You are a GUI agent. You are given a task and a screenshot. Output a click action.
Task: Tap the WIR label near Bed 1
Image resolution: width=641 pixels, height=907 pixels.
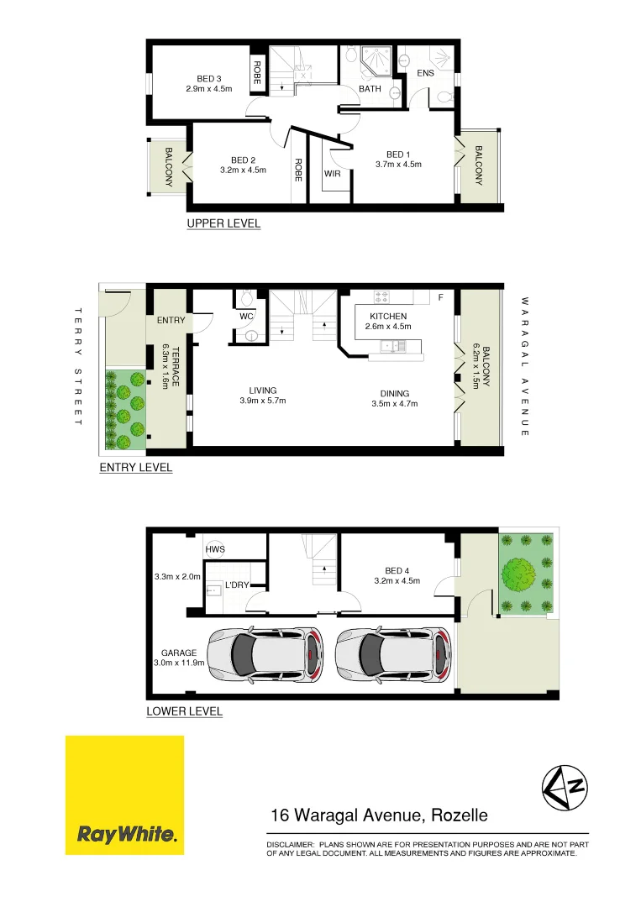coord(332,174)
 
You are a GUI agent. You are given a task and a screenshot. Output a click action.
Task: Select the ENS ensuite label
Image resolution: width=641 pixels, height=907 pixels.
coord(425,74)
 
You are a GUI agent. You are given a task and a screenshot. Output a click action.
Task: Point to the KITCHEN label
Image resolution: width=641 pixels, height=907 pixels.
coord(387,317)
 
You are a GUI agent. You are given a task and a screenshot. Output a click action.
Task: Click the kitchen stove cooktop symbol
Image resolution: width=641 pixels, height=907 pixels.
coord(381,296)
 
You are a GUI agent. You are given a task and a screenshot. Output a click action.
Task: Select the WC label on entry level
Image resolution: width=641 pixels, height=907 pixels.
coord(247,317)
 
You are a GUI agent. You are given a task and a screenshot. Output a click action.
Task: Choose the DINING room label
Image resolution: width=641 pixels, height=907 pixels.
coord(394,393)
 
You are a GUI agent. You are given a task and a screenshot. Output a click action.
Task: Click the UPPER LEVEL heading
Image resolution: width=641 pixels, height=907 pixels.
coord(223,223)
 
